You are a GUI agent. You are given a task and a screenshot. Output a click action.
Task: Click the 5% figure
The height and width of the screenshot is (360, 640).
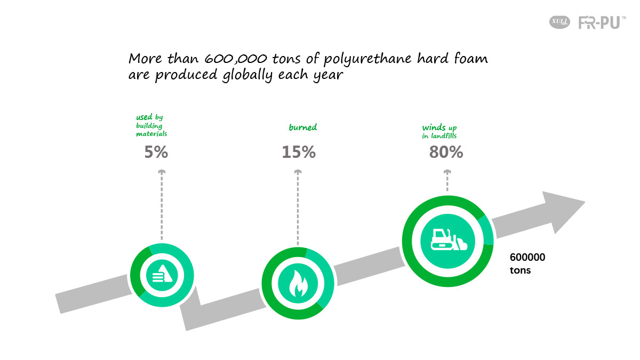[156, 152]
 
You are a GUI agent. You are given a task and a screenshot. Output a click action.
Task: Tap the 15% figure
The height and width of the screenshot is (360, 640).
[299, 152]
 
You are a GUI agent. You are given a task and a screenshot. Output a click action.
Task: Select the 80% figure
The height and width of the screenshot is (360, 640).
[446, 152]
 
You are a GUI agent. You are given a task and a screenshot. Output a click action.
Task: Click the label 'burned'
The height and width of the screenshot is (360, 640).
[303, 127]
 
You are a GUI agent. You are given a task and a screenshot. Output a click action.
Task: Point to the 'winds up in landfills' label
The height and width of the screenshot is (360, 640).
[439, 131]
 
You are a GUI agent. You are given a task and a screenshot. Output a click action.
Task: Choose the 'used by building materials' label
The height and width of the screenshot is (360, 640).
[151, 125]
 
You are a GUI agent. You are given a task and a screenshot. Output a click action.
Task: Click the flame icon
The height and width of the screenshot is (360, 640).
[298, 284]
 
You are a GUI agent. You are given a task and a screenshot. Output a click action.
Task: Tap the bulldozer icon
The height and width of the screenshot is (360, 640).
[449, 239]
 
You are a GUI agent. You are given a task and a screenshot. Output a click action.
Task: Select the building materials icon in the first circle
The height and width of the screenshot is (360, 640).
[162, 274]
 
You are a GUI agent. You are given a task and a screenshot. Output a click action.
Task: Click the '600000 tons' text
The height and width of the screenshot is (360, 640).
[527, 263]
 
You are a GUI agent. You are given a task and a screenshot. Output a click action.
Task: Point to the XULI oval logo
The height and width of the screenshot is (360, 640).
[559, 22]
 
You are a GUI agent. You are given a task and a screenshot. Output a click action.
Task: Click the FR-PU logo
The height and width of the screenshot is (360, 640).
[602, 22]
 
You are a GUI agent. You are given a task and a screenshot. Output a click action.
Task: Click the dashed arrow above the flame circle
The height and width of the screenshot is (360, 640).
[298, 207]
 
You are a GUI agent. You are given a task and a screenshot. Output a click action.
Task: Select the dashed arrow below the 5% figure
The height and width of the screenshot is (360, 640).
[162, 205]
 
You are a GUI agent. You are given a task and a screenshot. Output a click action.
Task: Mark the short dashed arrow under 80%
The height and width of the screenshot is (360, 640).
[447, 181]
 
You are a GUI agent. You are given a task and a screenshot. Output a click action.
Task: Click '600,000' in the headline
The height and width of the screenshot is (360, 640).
[236, 59]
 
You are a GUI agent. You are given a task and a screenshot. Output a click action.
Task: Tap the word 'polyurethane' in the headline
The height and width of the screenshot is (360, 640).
[367, 59]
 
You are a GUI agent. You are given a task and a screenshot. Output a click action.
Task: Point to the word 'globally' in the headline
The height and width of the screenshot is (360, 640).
[247, 75]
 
